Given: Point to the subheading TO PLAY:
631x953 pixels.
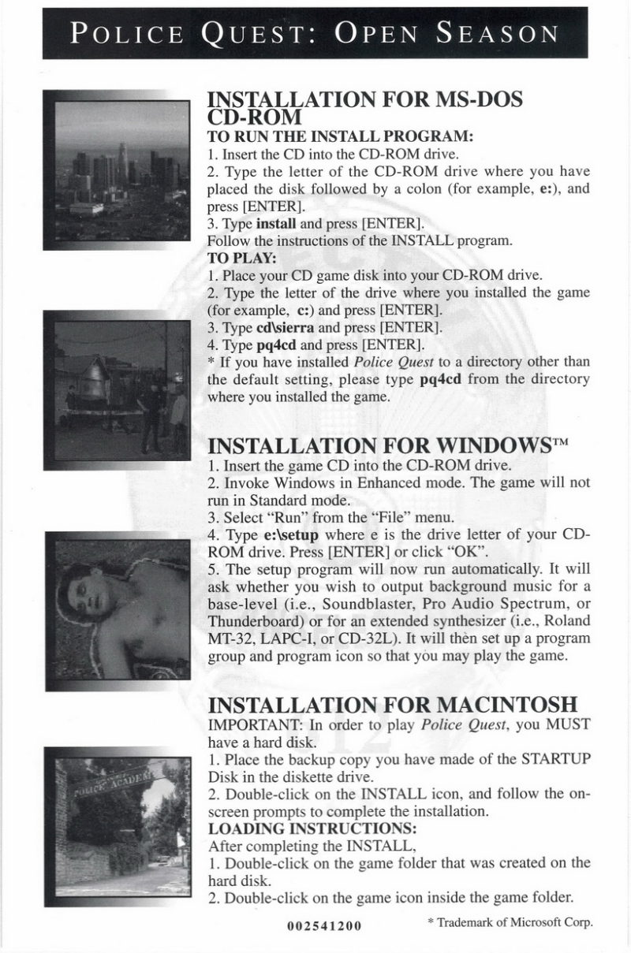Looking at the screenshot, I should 236,258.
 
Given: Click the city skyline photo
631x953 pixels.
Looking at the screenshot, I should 116,170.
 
